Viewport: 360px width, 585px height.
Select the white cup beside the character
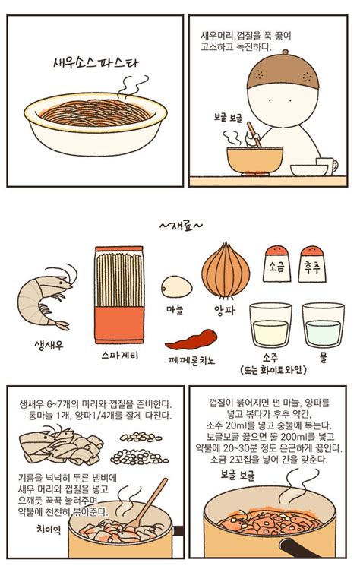[327, 166]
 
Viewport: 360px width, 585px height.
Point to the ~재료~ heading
[180, 226]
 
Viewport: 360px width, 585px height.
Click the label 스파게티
[119, 355]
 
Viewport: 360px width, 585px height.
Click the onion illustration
[225, 270]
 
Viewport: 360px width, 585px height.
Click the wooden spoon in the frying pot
[149, 504]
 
